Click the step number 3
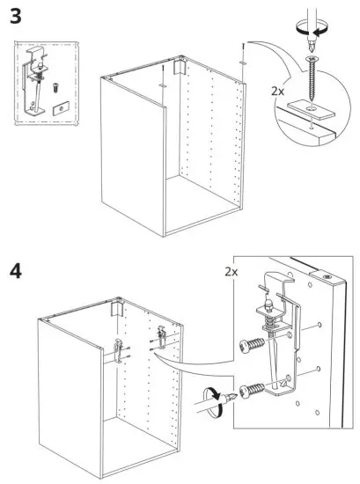(x=16, y=16)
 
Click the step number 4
(x=16, y=272)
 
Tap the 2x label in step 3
(x=277, y=91)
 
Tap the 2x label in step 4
(x=231, y=272)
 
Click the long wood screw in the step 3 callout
(x=312, y=78)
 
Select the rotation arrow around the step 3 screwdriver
(x=311, y=28)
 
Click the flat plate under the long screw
(x=312, y=110)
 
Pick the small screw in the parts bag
(x=55, y=88)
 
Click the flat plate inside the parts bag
(x=61, y=108)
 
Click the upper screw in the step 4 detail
(x=252, y=343)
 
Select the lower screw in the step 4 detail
(x=252, y=390)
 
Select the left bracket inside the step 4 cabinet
(x=119, y=350)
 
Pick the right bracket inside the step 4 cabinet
(x=162, y=336)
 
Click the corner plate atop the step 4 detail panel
(x=328, y=276)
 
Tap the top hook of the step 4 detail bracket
(x=277, y=279)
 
